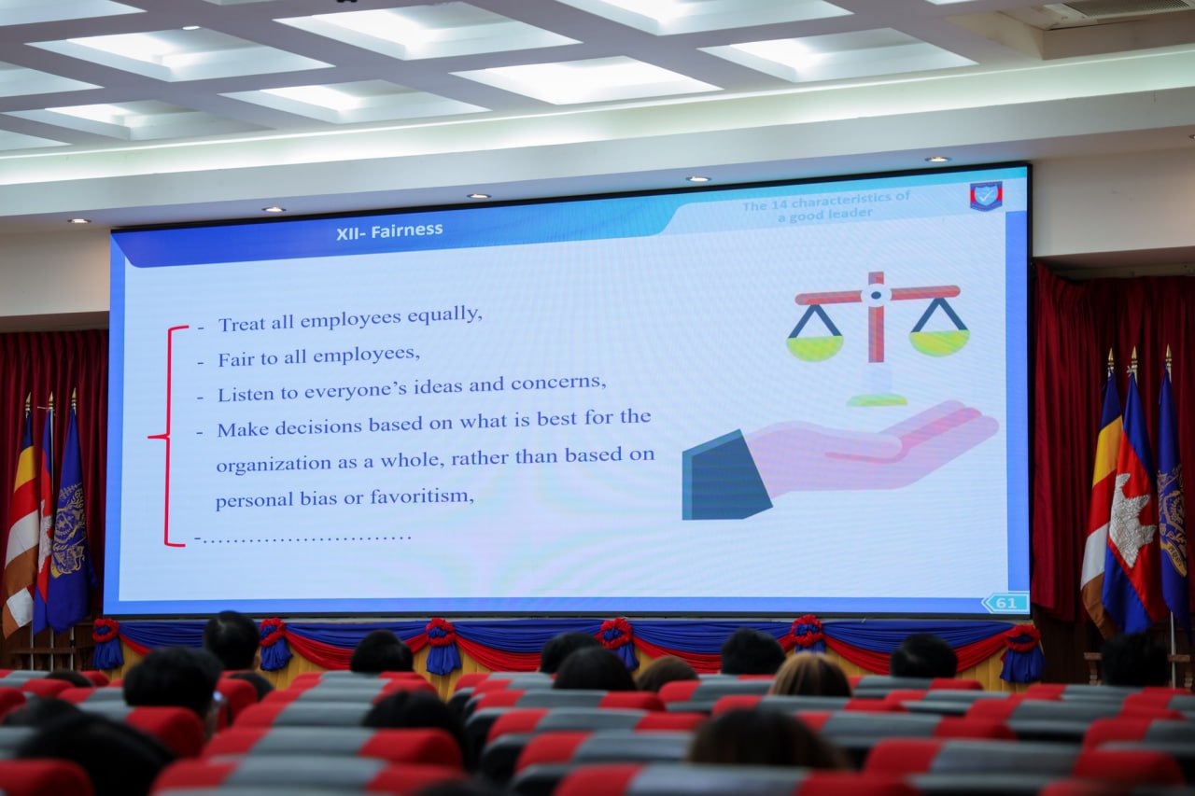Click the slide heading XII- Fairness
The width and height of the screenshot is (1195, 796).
click(x=389, y=231)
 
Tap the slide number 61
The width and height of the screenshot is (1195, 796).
click(x=1005, y=603)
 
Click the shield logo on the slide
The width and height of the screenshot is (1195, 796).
click(x=985, y=196)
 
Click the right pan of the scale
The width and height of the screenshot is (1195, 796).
click(x=939, y=342)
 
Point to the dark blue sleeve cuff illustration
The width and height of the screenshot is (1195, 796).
click(x=724, y=476)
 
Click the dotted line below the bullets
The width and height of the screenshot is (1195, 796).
click(x=303, y=538)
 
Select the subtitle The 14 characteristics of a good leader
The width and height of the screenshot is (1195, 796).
click(x=825, y=206)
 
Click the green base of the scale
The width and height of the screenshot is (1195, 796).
click(x=877, y=399)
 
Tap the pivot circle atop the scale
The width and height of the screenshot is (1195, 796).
click(x=876, y=294)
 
